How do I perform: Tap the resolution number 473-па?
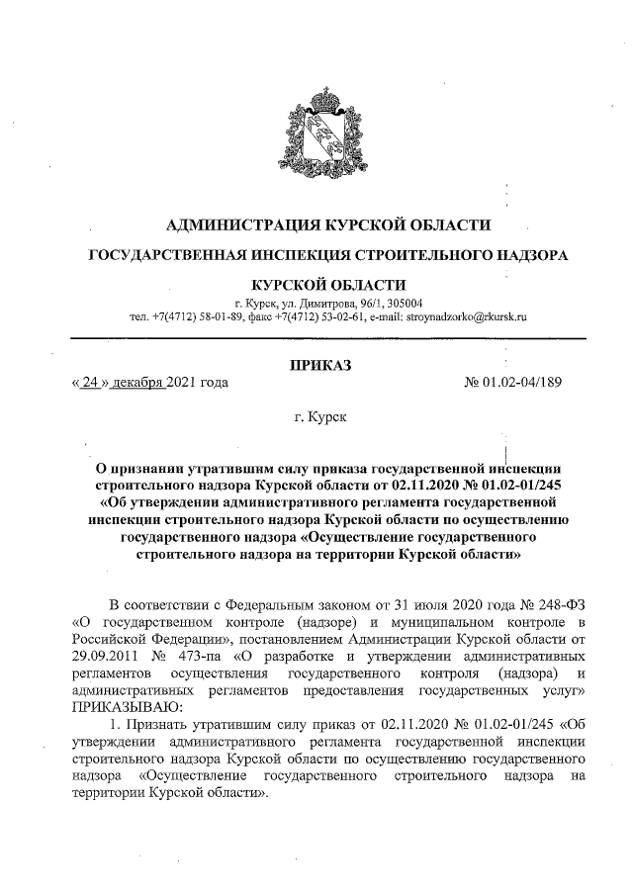(x=200, y=656)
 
